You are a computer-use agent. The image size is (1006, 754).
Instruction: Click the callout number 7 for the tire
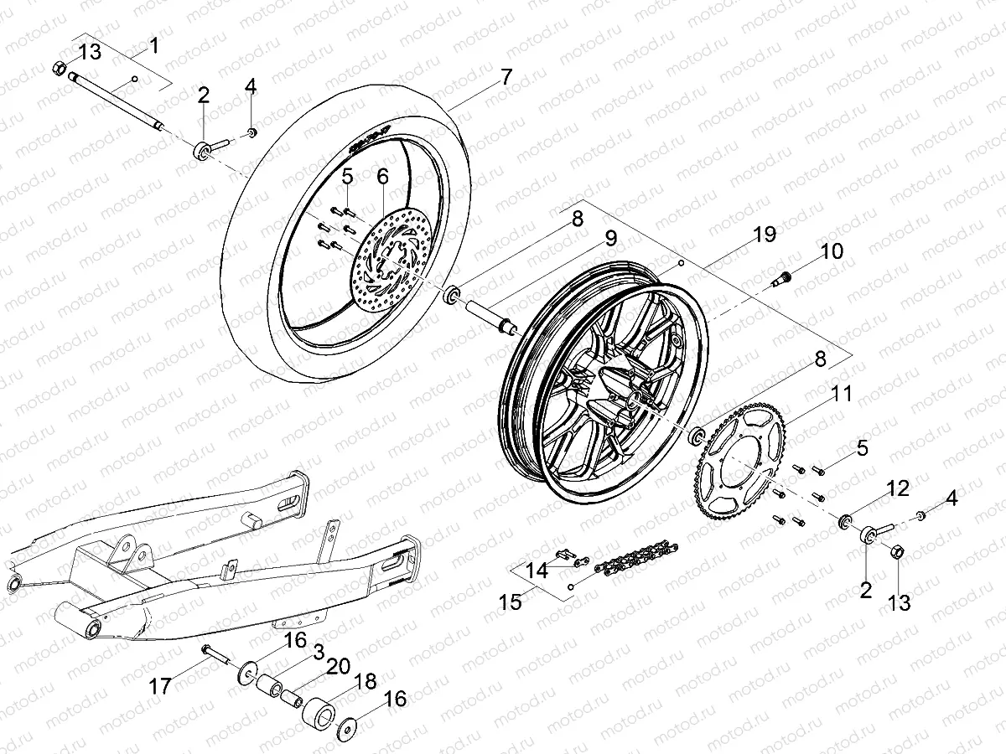click(506, 77)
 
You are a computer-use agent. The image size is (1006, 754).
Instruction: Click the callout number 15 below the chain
click(509, 602)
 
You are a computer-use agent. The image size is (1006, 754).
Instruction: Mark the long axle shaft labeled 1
click(117, 101)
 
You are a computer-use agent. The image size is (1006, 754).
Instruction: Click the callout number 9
click(610, 238)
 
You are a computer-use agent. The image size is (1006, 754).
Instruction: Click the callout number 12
click(898, 488)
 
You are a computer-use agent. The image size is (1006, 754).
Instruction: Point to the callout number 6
click(382, 177)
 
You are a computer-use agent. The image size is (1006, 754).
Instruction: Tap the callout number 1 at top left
click(153, 45)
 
